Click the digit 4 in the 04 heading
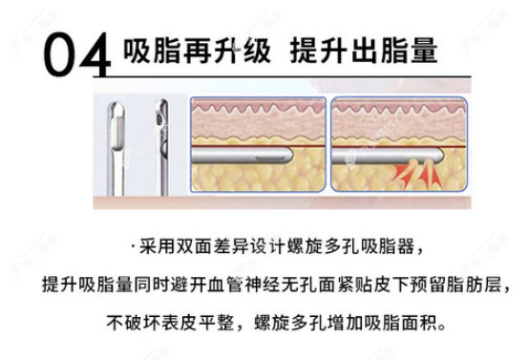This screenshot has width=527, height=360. point(95,54)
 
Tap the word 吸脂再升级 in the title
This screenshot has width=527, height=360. point(198,51)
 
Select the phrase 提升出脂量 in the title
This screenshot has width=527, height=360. point(365,51)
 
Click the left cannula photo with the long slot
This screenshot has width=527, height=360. point(116,148)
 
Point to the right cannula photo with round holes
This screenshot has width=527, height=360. point(163,147)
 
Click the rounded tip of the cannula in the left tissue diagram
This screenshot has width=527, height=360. point(288,155)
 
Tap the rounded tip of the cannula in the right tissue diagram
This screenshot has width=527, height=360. point(439,156)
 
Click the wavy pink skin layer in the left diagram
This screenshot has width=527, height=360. point(258,108)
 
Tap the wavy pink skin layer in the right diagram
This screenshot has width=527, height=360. point(399,108)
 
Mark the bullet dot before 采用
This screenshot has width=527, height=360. point(134,248)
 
